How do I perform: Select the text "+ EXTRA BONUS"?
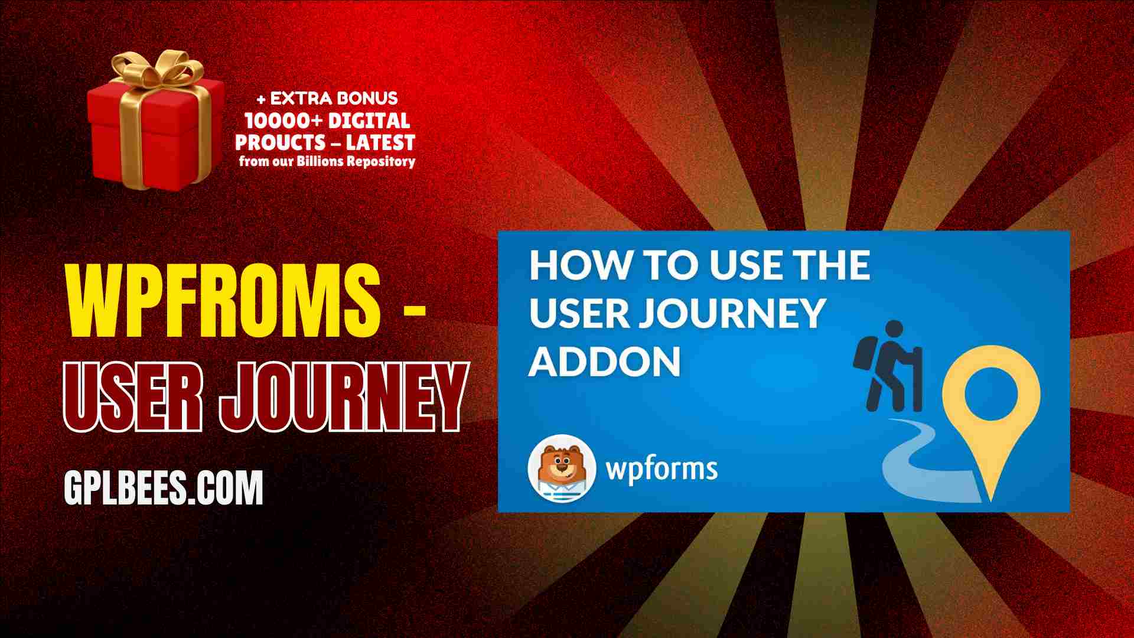tap(327, 98)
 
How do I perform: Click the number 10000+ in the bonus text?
tap(283, 121)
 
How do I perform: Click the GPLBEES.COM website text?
tap(163, 488)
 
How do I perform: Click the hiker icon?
tap(888, 366)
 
